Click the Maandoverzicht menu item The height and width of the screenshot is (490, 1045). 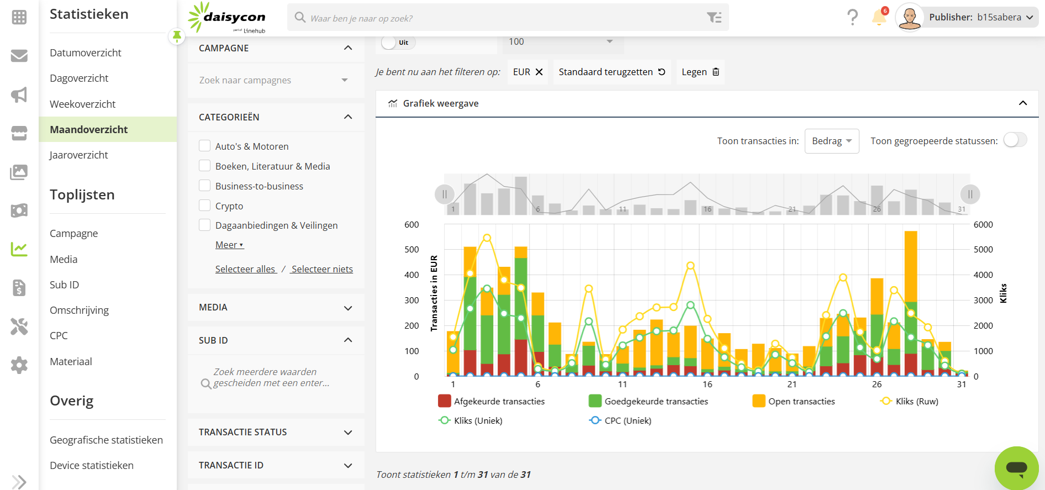pos(89,129)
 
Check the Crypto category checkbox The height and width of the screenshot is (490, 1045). pos(205,206)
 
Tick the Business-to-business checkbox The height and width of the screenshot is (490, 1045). pos(205,186)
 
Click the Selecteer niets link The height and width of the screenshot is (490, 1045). pos(322,269)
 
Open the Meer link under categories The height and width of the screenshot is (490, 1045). pos(229,245)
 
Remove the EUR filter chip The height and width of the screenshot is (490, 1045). pos(539,72)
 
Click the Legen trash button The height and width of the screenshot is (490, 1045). pos(700,72)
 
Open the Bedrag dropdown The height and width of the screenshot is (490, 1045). pos(831,141)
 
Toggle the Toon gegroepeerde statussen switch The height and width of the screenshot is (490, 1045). pos(1015,140)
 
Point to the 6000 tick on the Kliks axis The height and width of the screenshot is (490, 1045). pos(983,224)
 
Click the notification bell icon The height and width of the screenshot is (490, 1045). pos(879,18)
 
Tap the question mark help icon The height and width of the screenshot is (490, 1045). pos(852,18)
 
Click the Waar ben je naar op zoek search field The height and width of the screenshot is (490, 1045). pos(497,18)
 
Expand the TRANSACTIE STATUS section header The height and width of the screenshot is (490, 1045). pos(276,432)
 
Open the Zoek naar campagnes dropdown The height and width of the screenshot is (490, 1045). pos(275,80)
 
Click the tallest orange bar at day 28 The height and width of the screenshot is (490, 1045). pos(911,265)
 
